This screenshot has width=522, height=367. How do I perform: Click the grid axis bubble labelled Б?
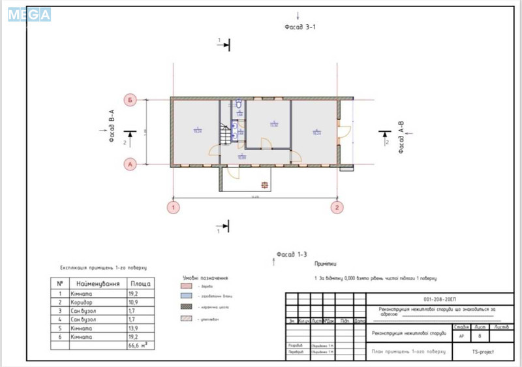[x=130, y=101]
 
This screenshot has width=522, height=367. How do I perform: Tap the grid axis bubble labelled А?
[x=130, y=165]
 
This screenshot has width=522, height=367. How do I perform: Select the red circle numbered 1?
[x=174, y=208]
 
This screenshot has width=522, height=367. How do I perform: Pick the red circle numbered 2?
[x=337, y=208]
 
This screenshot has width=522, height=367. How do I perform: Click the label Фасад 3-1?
[x=300, y=27]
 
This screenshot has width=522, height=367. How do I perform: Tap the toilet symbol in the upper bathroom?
[x=239, y=104]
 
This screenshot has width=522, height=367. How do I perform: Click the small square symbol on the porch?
[x=264, y=184]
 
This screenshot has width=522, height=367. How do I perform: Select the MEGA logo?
[x=29, y=14]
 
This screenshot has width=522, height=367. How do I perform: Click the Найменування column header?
[x=98, y=284]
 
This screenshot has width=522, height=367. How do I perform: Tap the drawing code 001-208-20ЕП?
[x=440, y=298]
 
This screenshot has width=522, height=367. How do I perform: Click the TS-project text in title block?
[x=484, y=351]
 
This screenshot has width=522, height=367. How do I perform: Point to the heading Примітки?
[x=326, y=264]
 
